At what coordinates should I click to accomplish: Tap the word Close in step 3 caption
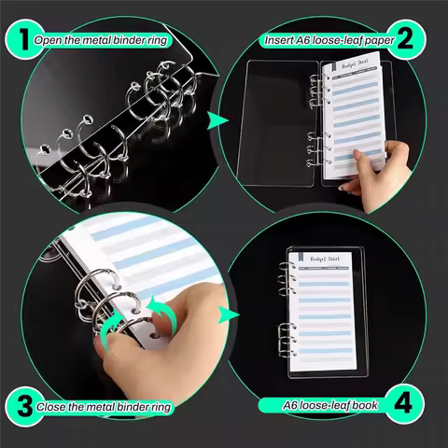(x=52, y=408)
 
